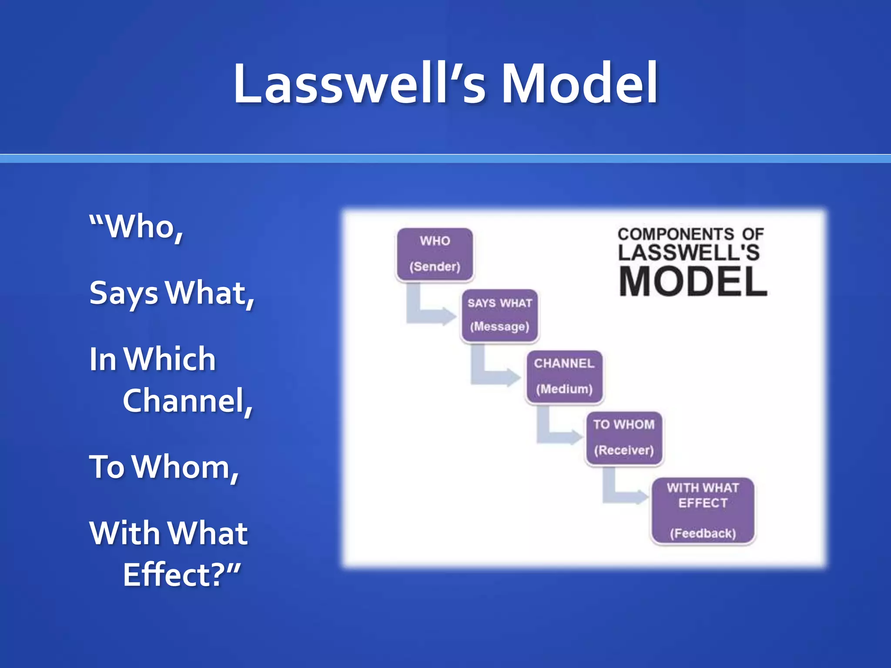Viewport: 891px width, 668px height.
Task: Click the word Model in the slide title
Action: (579, 83)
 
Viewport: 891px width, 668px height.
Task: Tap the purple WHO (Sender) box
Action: (435, 254)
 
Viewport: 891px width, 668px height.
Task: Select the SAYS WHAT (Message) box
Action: (499, 315)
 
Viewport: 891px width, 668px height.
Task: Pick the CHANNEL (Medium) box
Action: (564, 376)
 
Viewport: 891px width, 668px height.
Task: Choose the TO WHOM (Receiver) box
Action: (624, 438)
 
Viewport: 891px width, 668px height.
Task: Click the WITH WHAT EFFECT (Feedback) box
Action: (703, 510)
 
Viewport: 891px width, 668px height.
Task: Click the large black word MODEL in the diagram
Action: (693, 282)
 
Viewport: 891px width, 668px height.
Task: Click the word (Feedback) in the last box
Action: (703, 533)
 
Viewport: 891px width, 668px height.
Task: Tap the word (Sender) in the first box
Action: (435, 266)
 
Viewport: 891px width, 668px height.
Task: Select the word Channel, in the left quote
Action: (188, 401)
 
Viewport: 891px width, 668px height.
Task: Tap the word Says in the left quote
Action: (124, 293)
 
